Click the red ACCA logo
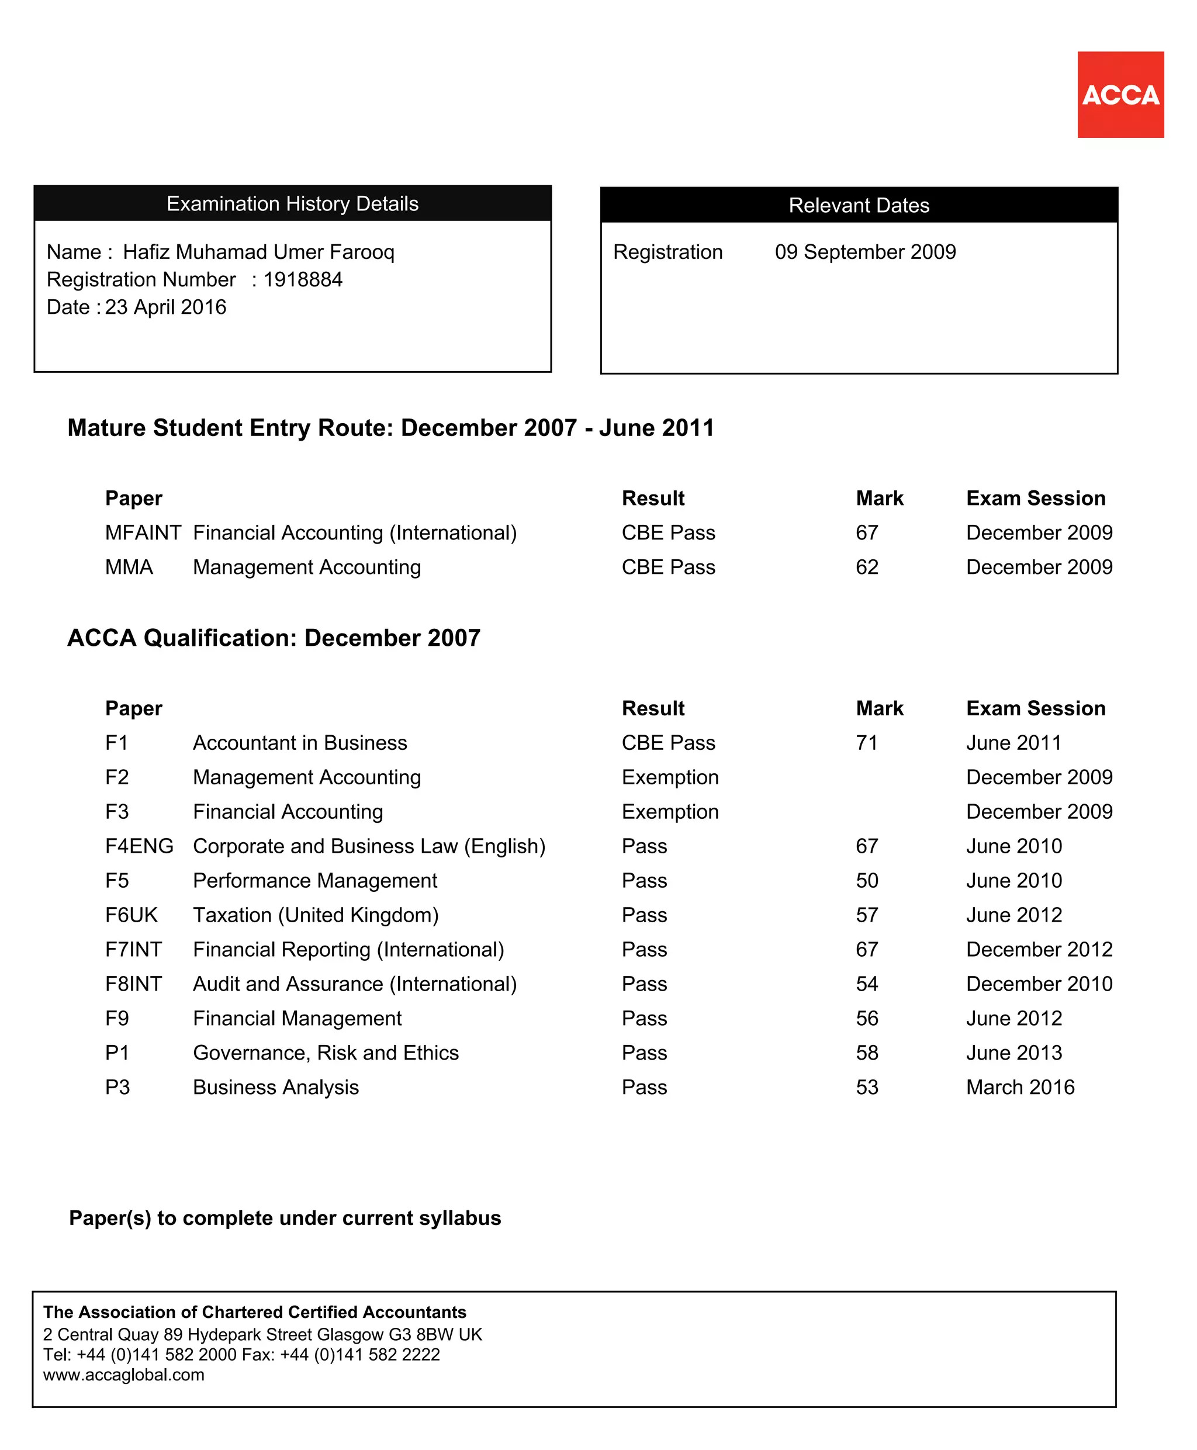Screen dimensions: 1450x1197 pos(1120,95)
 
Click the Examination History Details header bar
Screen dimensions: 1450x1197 pos(292,203)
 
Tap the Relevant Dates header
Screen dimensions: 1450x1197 pos(859,205)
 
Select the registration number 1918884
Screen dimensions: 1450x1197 pos(303,279)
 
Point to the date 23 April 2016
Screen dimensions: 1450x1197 pos(165,307)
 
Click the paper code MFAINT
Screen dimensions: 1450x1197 pos(143,532)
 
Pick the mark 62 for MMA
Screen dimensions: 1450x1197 pos(867,567)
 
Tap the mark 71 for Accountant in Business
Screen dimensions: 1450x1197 pos(866,743)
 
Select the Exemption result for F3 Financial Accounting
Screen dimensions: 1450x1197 pos(670,812)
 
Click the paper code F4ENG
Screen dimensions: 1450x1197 pos(139,846)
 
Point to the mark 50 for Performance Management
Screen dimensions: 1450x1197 pos(867,881)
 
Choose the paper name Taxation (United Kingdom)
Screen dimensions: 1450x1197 pos(315,915)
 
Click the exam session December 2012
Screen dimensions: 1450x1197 pos(1039,950)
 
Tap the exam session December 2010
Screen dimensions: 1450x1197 pos(1039,984)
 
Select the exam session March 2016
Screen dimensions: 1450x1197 pos(1020,1087)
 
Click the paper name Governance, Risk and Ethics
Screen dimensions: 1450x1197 pos(326,1053)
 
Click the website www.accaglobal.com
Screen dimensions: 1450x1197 pos(123,1375)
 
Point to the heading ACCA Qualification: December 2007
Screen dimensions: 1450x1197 pos(274,638)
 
